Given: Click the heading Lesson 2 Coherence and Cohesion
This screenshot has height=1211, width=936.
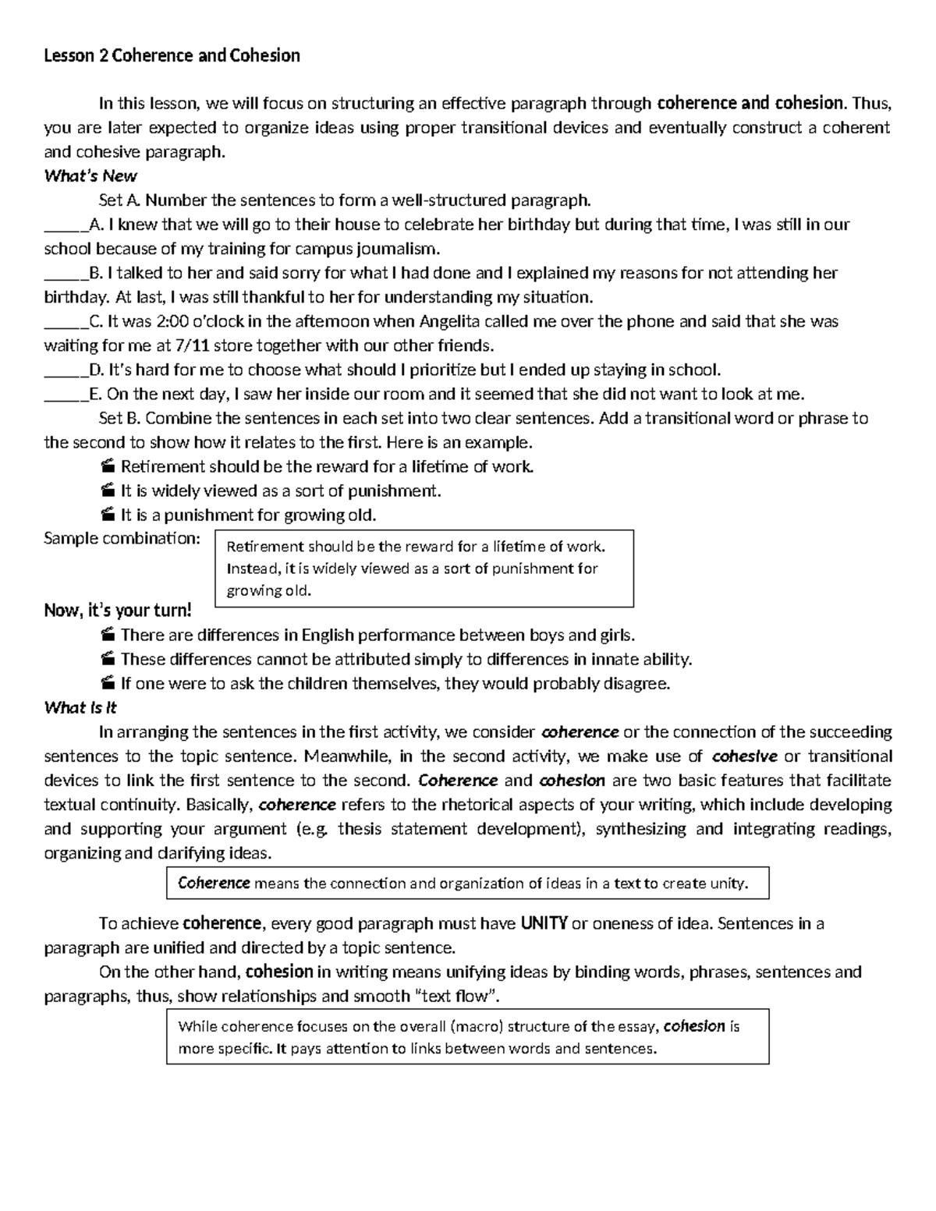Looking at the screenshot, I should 172,55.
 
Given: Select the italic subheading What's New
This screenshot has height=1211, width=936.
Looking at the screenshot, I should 90,175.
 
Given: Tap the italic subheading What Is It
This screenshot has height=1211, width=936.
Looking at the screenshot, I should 80,707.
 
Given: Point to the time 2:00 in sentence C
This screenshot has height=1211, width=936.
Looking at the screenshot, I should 171,321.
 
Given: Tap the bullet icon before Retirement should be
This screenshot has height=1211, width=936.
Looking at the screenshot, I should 108,467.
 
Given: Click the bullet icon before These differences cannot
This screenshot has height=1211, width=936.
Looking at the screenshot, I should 108,660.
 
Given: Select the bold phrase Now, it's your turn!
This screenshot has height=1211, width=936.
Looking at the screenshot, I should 117,611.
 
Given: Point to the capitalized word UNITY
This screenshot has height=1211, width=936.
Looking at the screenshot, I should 544,924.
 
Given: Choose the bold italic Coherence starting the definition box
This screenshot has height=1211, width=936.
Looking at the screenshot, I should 214,883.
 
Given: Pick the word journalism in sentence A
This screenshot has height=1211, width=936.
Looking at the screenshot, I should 398,250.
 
